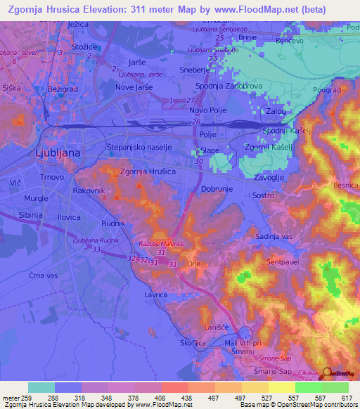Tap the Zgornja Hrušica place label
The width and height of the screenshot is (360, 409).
click(148, 171)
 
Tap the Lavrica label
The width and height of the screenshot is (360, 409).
click(155, 297)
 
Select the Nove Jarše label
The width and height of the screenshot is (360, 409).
click(134, 86)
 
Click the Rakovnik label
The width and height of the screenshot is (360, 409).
click(89, 189)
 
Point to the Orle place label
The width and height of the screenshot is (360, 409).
click(194, 263)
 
